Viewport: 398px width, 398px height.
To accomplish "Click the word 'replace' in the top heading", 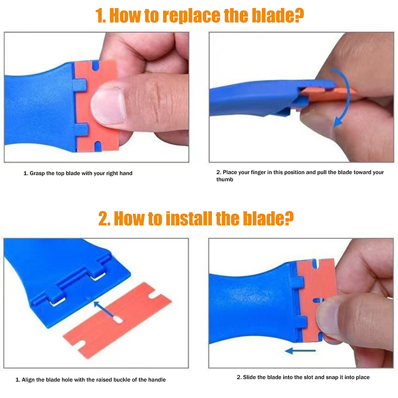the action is pyautogui.click(x=192, y=16).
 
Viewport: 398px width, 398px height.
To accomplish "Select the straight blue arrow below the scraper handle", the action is pyautogui.click(x=300, y=351).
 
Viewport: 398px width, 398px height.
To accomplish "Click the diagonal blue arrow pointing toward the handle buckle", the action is pyautogui.click(x=103, y=309).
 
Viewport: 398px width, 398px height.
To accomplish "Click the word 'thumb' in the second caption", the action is pyautogui.click(x=225, y=180).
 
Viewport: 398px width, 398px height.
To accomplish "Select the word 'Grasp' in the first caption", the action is pyautogui.click(x=37, y=173).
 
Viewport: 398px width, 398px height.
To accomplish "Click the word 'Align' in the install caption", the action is pyautogui.click(x=28, y=380).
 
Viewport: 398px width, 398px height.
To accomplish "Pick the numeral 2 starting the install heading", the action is pyautogui.click(x=104, y=218).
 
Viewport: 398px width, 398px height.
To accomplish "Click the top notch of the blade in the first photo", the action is pyautogui.click(x=96, y=65).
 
